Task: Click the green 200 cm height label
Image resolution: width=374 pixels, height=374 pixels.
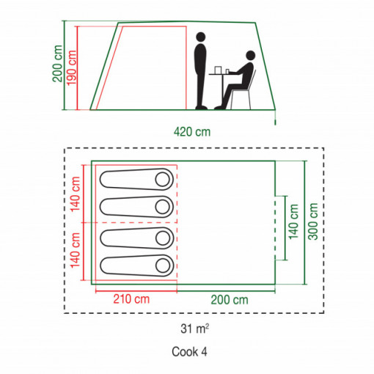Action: click(x=58, y=64)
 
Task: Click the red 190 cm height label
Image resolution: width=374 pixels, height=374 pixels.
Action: click(x=72, y=68)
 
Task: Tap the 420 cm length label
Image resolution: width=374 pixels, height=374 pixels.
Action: click(x=192, y=132)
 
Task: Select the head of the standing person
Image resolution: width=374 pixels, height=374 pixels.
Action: click(x=201, y=37)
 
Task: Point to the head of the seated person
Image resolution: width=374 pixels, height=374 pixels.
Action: click(x=251, y=56)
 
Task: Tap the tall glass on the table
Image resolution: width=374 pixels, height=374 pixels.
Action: click(x=218, y=70)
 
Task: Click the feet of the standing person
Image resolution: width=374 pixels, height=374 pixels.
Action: click(x=202, y=108)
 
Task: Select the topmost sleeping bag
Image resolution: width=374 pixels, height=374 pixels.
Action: click(x=136, y=180)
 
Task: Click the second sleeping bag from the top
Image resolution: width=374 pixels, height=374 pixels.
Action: click(x=136, y=207)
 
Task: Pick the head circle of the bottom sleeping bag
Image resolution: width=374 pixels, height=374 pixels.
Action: click(x=163, y=265)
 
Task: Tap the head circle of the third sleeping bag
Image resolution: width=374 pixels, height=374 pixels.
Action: click(x=163, y=238)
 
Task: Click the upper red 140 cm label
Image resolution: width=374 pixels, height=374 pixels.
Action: click(x=76, y=194)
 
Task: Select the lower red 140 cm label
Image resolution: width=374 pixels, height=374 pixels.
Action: click(x=76, y=250)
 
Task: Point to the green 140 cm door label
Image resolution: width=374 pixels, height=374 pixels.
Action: click(x=293, y=221)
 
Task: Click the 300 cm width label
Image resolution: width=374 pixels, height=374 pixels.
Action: click(x=313, y=221)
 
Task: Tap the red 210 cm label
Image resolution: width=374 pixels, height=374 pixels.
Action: click(x=131, y=299)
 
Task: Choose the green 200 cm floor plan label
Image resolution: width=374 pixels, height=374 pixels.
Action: click(x=230, y=300)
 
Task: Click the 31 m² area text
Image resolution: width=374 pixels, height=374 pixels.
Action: click(x=195, y=329)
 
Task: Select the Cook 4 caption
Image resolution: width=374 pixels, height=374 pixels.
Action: click(x=189, y=352)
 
